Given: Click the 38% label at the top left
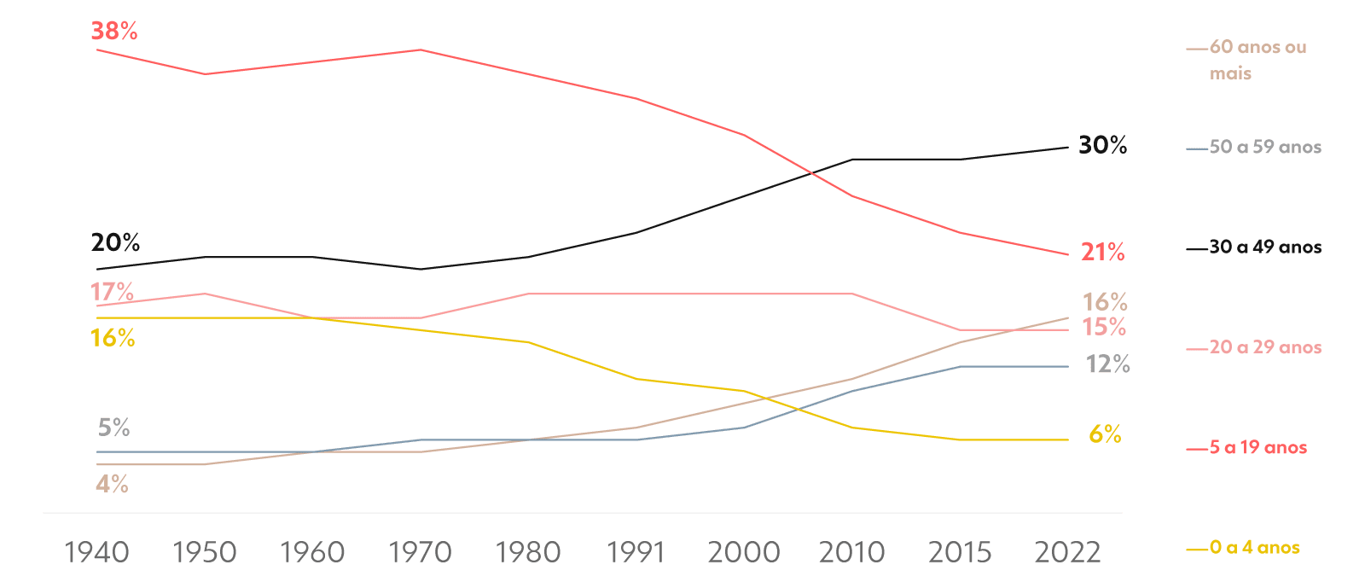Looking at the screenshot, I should [x=114, y=32].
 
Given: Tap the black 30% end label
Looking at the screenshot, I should [x=1102, y=146].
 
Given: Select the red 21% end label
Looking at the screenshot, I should [x=1102, y=253].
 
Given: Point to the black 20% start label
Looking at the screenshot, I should [x=115, y=243].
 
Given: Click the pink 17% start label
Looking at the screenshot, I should [x=112, y=293].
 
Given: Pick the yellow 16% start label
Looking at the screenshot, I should [x=113, y=339].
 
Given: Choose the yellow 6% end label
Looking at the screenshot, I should [x=1105, y=435].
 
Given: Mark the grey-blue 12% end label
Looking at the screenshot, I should [x=1107, y=365].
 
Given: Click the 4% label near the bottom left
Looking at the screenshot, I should [x=112, y=485].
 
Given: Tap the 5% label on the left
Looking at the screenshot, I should [x=113, y=428].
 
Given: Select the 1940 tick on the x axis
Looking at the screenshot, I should [x=97, y=552].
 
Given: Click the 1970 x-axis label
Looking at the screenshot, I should [x=421, y=552].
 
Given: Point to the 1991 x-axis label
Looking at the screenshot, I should [x=636, y=552].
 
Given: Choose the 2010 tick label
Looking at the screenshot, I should [x=851, y=552].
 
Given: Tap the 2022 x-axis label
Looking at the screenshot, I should [x=1068, y=552].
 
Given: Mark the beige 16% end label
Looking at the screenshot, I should [x=1105, y=302].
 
